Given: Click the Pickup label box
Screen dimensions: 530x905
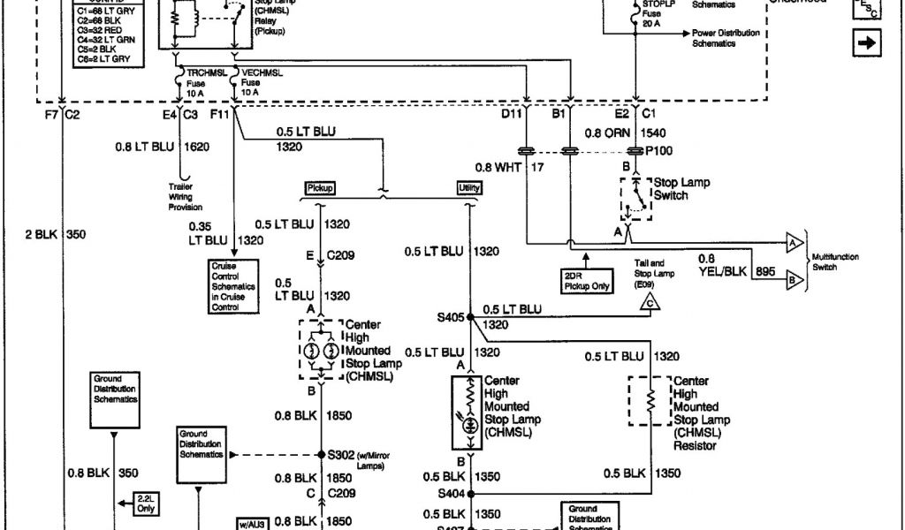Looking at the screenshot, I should coord(320,188).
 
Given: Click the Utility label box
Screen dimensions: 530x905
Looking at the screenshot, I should coord(468,188).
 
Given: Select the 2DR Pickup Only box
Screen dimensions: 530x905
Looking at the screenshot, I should coord(587,280).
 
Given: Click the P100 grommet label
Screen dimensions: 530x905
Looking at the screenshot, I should coord(658,150).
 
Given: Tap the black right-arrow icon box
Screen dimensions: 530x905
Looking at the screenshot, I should coord(868,42).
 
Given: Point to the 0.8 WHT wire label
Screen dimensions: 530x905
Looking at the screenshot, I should coord(495,166).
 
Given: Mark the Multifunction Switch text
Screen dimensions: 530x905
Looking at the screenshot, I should coord(835,261).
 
